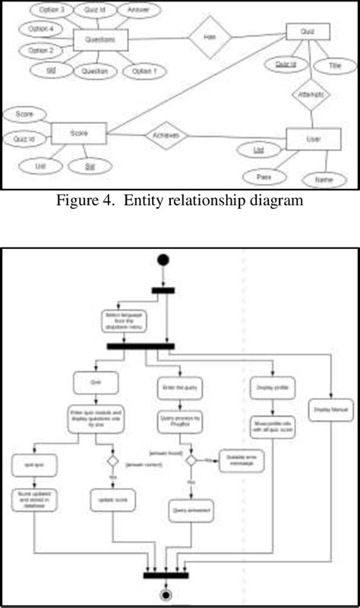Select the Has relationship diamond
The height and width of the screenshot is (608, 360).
tap(208, 38)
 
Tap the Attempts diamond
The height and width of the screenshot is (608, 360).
tap(311, 96)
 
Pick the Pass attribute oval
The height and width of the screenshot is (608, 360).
tap(265, 177)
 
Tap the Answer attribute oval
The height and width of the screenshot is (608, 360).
tap(139, 11)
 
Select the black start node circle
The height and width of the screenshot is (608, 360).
tap(163, 260)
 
